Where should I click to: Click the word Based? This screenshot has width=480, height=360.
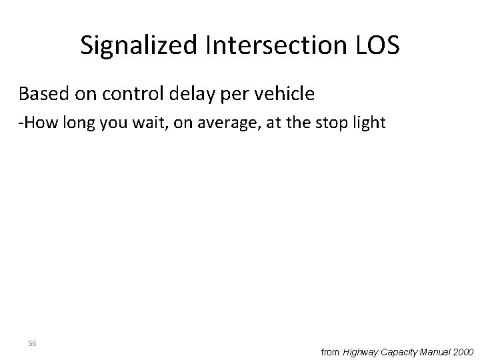[x=43, y=94]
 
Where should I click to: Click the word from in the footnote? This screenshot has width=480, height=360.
[x=330, y=351]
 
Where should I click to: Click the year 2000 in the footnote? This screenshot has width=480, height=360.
[x=464, y=351]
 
